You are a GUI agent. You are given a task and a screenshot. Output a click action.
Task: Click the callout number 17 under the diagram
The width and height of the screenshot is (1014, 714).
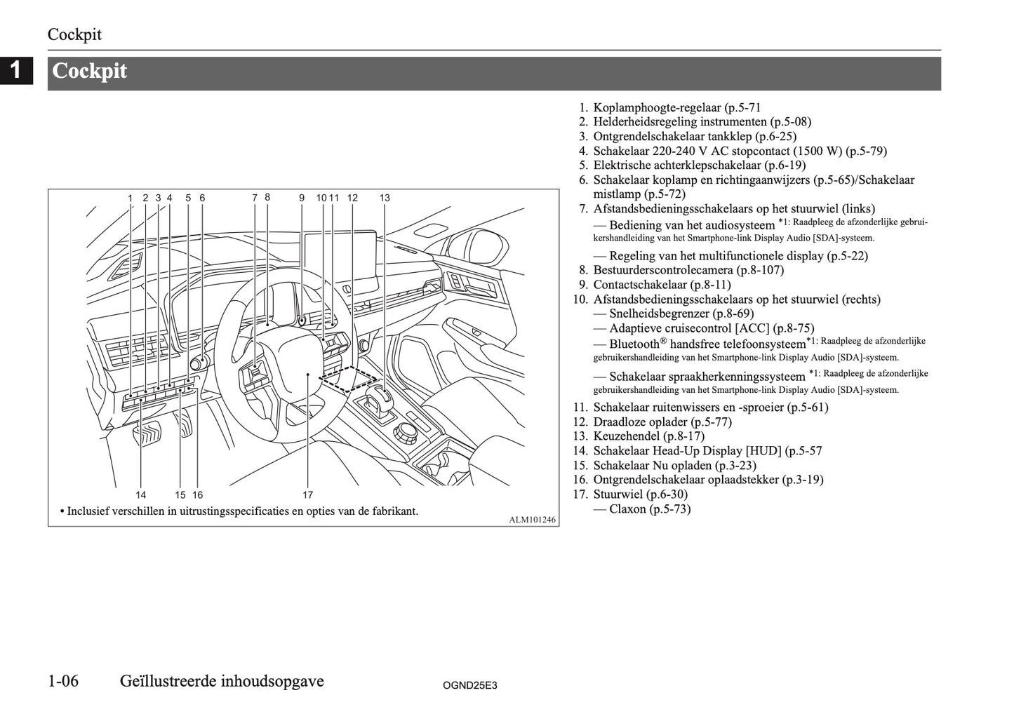(307, 494)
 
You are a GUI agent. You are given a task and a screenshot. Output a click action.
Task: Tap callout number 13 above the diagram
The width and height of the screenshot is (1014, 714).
(385, 198)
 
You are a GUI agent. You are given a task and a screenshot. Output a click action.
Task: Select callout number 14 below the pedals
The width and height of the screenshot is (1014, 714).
(141, 494)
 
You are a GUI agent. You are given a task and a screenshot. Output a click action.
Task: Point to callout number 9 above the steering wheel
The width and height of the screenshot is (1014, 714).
(302, 198)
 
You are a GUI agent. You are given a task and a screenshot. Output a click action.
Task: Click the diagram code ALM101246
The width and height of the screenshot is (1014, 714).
(533, 520)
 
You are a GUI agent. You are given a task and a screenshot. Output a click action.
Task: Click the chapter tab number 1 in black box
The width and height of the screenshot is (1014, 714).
(16, 70)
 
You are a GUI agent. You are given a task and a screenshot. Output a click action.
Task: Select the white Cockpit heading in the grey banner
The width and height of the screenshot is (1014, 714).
(90, 71)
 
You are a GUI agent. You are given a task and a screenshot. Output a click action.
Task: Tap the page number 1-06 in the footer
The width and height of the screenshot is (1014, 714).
(72, 681)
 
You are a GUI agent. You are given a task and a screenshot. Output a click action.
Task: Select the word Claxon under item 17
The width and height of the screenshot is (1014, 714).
(627, 509)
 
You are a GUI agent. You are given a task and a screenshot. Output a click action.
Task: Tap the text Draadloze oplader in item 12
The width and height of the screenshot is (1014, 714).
(640, 422)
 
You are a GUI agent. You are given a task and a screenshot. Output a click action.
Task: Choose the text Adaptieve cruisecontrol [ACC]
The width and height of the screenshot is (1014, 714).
(689, 328)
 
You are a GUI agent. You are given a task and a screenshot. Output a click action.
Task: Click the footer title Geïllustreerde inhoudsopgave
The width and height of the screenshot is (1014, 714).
(222, 681)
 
